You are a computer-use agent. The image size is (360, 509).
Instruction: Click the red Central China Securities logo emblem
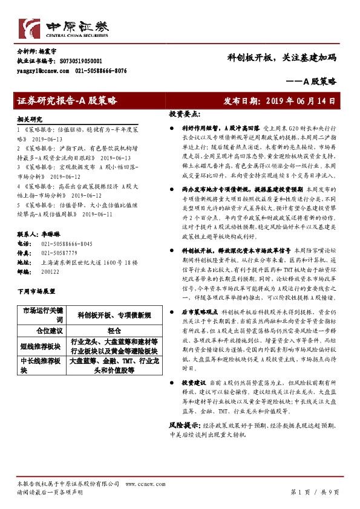pos(32,28)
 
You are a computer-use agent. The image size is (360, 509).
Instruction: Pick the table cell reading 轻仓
pos(114,332)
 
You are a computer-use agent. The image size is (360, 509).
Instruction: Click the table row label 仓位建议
pos(42,332)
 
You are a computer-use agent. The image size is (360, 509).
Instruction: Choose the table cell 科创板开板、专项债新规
pos(114,315)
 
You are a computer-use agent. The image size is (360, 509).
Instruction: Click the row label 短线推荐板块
pos(42,346)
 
